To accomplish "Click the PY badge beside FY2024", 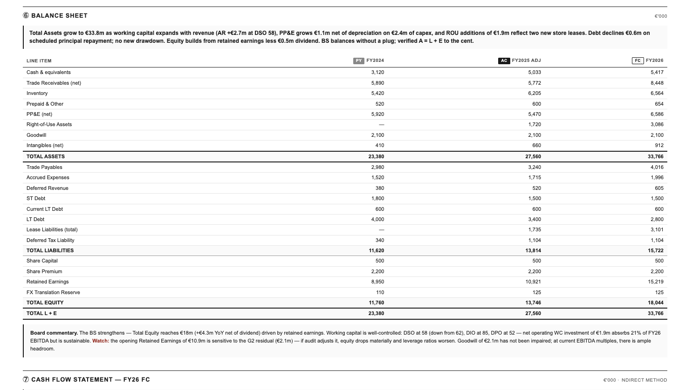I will click(358, 61).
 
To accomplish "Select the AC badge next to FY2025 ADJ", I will click(504, 61).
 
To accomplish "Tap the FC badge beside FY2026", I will click(637, 61).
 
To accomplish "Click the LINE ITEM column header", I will click(39, 61).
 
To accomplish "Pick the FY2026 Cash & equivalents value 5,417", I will click(657, 73).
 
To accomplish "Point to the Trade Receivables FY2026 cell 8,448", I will click(657, 83).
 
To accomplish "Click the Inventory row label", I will click(37, 94).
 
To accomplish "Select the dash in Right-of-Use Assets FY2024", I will click(382, 125).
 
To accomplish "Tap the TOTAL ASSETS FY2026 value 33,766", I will click(656, 157).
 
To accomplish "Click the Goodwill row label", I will click(36, 135).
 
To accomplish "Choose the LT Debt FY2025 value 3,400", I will click(534, 220).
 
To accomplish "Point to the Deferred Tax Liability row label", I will click(50, 241).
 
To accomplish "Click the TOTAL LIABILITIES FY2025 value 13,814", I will click(533, 251).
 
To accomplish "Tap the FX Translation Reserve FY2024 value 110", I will click(380, 293).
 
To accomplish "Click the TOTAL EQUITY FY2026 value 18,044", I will click(656, 303).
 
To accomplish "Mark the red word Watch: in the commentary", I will click(101, 341).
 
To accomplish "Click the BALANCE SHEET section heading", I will click(59, 16).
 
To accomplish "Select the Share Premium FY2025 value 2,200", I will click(534, 272).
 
